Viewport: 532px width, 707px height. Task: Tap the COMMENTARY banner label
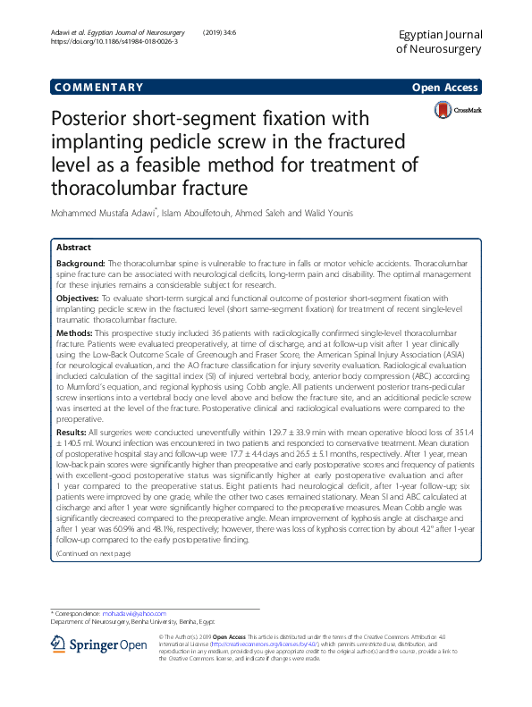point(99,88)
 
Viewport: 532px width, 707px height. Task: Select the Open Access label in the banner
point(446,88)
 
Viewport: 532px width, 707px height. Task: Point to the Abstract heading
point(74,247)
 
